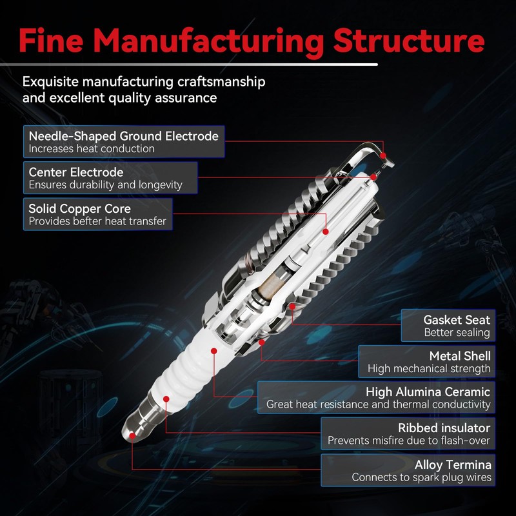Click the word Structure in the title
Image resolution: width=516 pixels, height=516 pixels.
(408, 40)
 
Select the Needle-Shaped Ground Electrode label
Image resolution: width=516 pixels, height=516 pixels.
(124, 136)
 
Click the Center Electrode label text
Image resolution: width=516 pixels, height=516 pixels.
(76, 172)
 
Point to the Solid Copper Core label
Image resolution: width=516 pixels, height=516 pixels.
(80, 209)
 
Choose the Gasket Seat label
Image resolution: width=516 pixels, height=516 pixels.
(457, 320)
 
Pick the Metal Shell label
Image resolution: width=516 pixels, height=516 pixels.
(460, 356)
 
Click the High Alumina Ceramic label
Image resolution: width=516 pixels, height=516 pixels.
(428, 392)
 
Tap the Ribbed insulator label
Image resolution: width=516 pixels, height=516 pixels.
(444, 428)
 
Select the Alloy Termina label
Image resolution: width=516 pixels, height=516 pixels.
(453, 464)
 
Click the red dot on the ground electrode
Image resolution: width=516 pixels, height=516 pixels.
(384, 155)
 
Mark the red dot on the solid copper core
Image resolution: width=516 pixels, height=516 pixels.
(326, 231)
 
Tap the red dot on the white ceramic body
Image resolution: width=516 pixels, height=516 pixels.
(213, 350)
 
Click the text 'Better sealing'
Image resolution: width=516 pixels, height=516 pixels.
(457, 333)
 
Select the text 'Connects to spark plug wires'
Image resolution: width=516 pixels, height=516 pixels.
(421, 478)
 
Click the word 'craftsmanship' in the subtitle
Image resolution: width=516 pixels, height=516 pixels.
(221, 83)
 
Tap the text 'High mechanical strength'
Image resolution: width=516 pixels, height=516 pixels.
(429, 370)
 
